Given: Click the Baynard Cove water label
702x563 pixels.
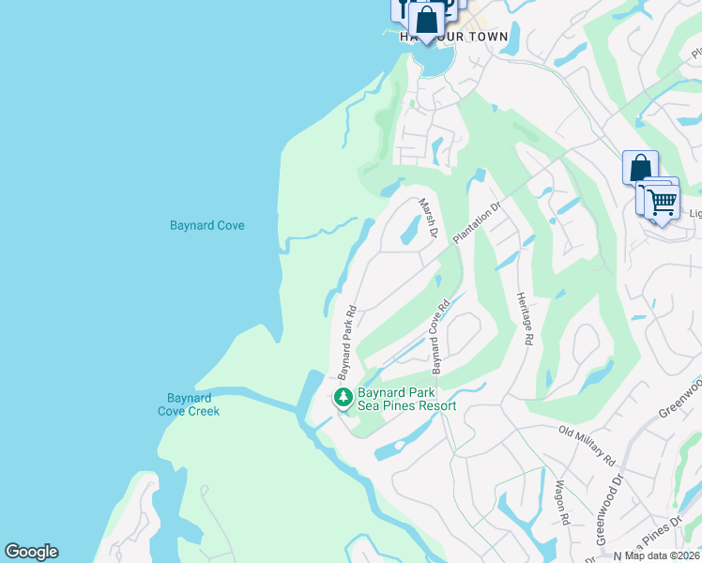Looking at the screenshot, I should (207, 226).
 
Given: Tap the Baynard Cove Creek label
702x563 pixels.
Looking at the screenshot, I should (189, 404).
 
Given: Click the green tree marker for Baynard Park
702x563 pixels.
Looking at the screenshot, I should (343, 398).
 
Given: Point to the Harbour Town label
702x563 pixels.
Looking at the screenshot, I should (454, 37).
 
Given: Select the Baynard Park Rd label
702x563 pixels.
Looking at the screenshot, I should (344, 335).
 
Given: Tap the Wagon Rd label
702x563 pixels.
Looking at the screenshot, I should (562, 502).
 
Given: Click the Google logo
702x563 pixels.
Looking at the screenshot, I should (31, 552).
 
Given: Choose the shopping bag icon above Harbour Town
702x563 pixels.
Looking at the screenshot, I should (426, 21).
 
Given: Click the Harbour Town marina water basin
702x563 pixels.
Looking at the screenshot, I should (435, 59).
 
